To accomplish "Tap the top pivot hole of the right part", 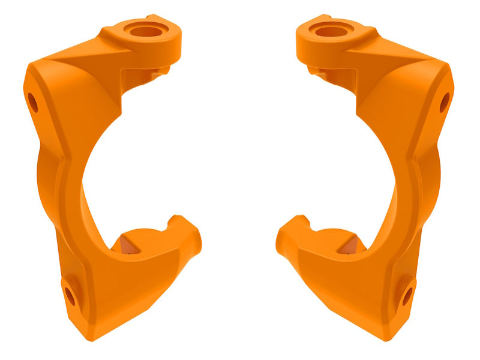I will [331, 30].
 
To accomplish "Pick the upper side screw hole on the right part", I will [445, 103].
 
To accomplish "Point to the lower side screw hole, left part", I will [70, 295].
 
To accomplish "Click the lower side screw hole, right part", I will [407, 295].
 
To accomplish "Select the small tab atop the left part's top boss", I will [153, 17].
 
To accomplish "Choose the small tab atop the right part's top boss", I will [325, 17].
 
